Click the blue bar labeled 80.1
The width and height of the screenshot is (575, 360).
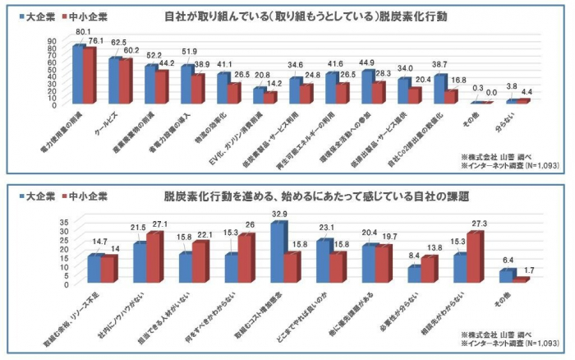point(78,74)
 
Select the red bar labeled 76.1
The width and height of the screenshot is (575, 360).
point(90,76)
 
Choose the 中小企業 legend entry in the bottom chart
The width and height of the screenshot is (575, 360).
point(87,199)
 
